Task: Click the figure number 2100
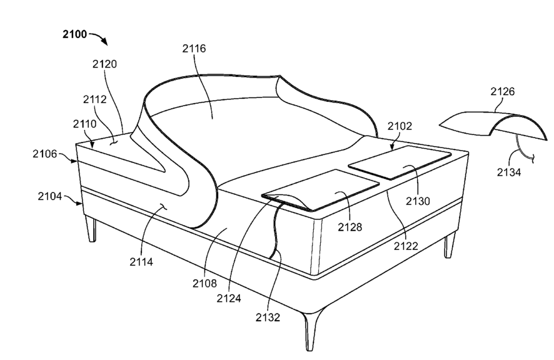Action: [74, 34]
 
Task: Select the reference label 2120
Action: [104, 64]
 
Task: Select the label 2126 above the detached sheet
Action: [503, 92]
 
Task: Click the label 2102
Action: [400, 126]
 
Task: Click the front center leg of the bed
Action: [311, 329]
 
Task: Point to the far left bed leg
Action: [91, 228]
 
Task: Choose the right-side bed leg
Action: [448, 245]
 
